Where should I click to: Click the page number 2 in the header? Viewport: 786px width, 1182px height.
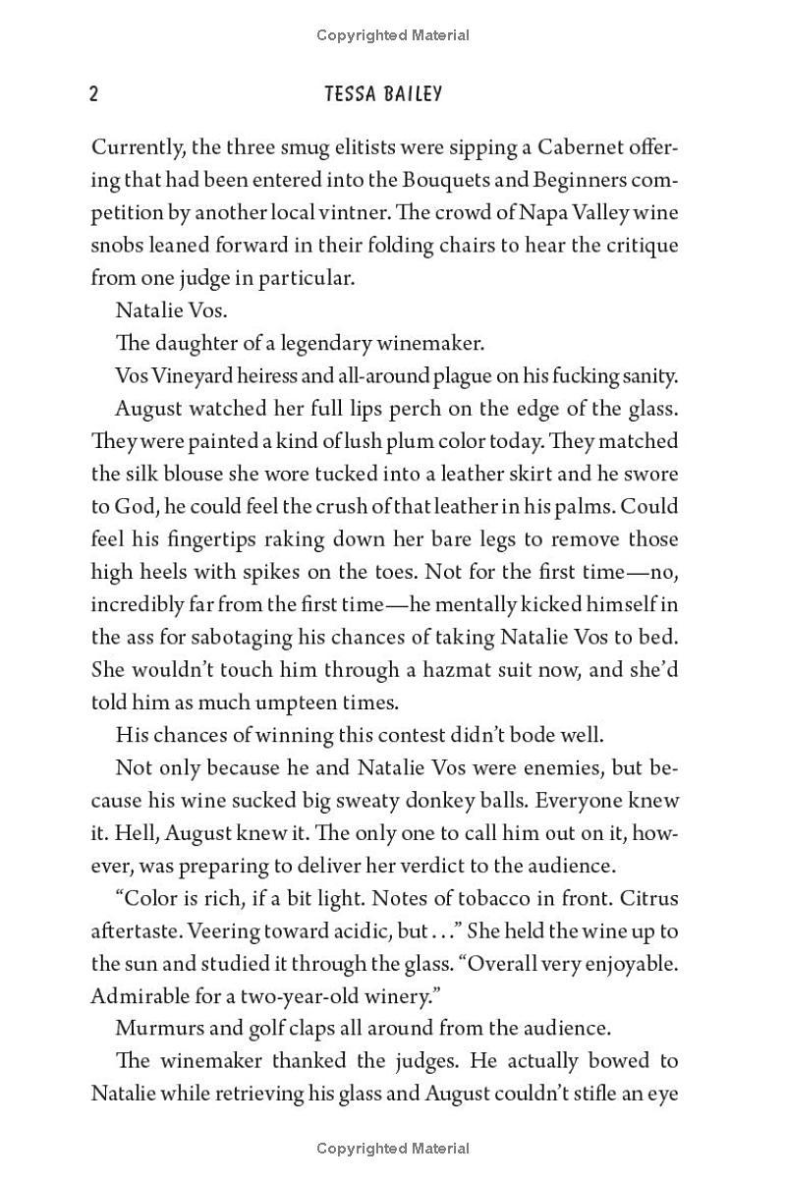tap(93, 94)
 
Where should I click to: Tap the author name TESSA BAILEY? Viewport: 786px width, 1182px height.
tap(382, 94)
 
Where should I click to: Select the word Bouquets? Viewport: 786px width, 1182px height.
tap(440, 180)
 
